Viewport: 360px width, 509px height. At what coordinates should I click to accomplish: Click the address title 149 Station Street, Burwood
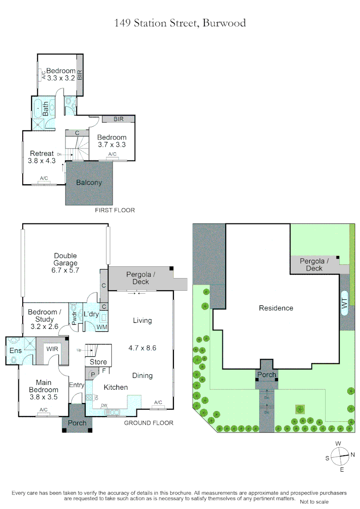pos(180,23)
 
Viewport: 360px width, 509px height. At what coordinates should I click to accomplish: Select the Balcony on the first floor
pos(89,183)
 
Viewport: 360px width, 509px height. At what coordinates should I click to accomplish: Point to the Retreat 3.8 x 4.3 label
pos(42,156)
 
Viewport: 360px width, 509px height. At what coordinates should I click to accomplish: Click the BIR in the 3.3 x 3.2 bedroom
pos(80,74)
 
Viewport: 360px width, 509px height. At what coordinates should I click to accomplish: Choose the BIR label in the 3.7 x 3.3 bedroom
pos(118,119)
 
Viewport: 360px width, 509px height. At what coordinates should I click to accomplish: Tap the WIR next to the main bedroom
pos(52,348)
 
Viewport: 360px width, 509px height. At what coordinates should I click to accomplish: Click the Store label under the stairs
pos(98,362)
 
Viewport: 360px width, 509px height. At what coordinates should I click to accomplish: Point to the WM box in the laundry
pos(101,327)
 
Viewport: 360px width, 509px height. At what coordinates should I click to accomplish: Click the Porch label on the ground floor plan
pos(77,423)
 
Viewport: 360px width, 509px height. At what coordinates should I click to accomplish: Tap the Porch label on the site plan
pos(266,375)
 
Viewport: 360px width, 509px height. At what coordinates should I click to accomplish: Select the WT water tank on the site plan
pos(344,309)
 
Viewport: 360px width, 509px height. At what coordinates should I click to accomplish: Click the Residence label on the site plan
pos(276,308)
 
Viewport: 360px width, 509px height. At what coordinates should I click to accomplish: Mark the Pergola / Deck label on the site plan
pos(314,264)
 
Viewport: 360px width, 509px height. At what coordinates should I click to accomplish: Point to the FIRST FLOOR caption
pos(115,210)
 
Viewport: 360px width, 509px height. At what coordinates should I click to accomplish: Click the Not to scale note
pos(314,502)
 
